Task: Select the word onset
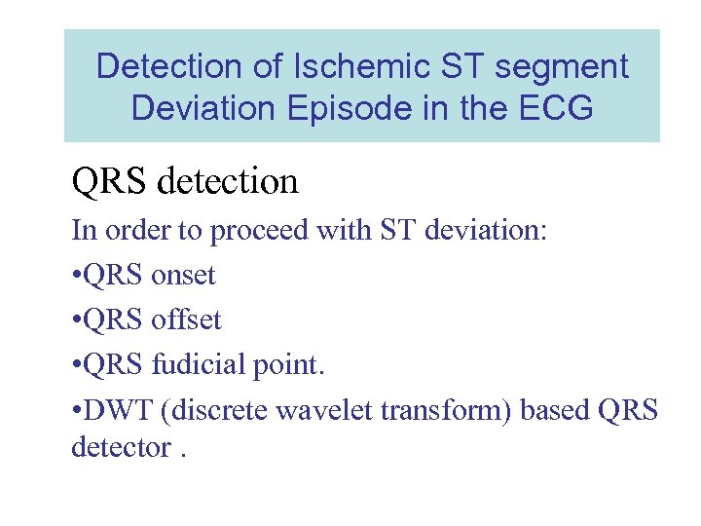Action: (x=183, y=275)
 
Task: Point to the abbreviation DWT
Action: (x=113, y=409)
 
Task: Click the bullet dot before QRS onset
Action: (x=77, y=276)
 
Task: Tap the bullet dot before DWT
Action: (x=77, y=410)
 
